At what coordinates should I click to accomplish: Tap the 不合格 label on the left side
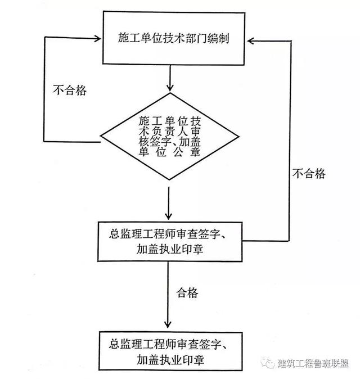click(70, 90)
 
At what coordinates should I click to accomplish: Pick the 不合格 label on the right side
click(309, 174)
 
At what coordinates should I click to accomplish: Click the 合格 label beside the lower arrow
click(187, 293)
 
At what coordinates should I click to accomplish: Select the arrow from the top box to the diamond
click(170, 78)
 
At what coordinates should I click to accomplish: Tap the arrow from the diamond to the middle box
click(169, 203)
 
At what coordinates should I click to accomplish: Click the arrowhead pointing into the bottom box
click(168, 324)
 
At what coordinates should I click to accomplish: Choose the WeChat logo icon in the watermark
click(268, 363)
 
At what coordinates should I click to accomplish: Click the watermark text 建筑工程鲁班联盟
click(313, 363)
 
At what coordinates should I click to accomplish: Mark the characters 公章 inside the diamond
click(186, 152)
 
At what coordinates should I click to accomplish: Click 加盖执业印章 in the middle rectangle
click(170, 249)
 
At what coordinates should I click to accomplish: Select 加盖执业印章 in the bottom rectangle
click(170, 360)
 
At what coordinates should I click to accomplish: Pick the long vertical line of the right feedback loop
click(290, 141)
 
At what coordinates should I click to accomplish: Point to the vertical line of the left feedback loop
click(44, 89)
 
